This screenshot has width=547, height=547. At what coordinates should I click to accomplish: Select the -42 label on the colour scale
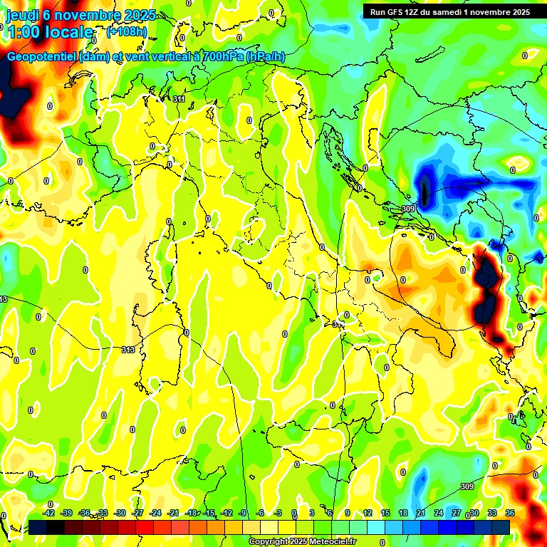[x=48, y=513]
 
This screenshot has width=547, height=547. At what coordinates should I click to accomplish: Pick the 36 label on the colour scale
[x=510, y=513]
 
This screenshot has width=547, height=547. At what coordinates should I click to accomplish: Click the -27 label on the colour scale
[x=137, y=513]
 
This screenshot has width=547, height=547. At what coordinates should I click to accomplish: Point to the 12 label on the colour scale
[x=368, y=513]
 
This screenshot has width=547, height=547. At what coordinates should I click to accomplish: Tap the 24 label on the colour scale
[x=439, y=513]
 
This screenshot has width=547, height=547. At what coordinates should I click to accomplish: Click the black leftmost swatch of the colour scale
[x=38, y=526]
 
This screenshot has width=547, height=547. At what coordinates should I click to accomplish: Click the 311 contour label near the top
[x=179, y=99]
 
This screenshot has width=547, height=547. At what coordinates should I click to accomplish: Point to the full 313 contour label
[x=128, y=350]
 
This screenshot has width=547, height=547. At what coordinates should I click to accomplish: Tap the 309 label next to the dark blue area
[x=408, y=209]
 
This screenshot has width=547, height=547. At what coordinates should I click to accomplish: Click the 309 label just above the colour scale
[x=467, y=486]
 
